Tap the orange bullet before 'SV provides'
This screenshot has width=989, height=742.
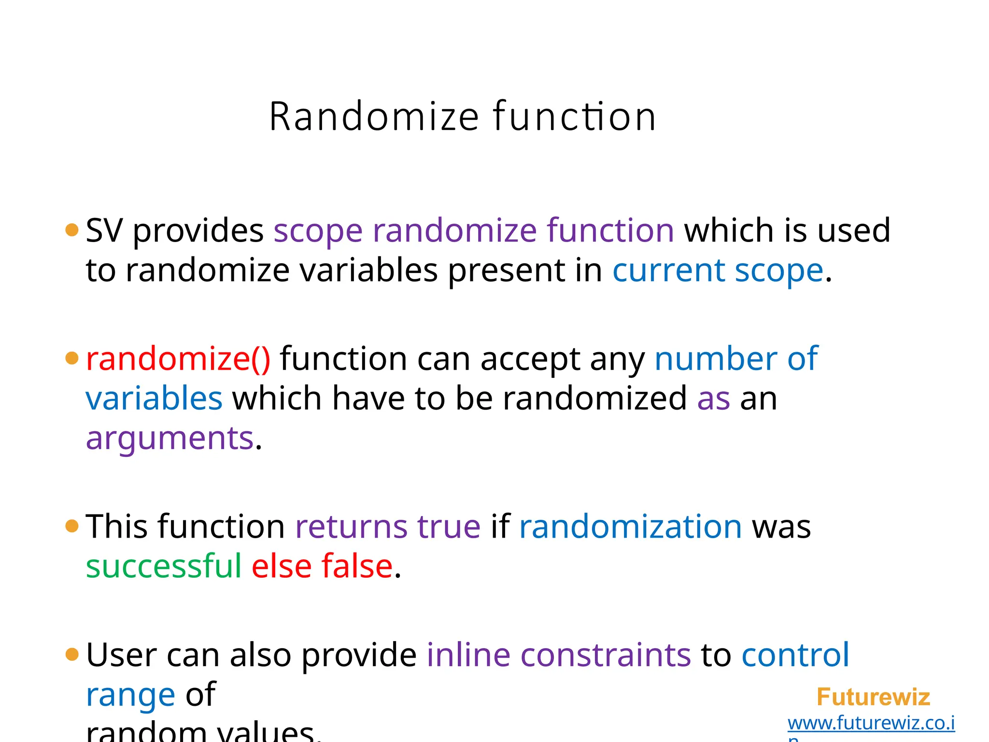(x=71, y=230)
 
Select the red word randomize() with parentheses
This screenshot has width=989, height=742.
(x=178, y=359)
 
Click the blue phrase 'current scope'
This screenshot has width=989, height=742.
(x=718, y=270)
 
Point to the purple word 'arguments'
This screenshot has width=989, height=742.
(x=170, y=438)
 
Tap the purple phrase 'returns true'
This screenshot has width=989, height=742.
(x=388, y=526)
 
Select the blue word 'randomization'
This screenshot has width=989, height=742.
(x=630, y=526)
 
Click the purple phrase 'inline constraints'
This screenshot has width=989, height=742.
(x=559, y=655)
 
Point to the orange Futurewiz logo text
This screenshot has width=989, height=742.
(x=873, y=697)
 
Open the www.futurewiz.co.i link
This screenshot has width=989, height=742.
(x=871, y=723)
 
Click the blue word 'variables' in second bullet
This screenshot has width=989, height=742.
(x=154, y=399)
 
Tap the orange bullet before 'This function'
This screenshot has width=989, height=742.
(x=71, y=526)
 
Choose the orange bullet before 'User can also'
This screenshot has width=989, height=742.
(x=71, y=655)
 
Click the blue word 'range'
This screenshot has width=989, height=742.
(x=130, y=696)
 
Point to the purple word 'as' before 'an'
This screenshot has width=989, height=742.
(x=713, y=399)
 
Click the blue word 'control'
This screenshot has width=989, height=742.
(x=795, y=655)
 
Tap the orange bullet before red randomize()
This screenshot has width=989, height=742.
(x=71, y=358)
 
